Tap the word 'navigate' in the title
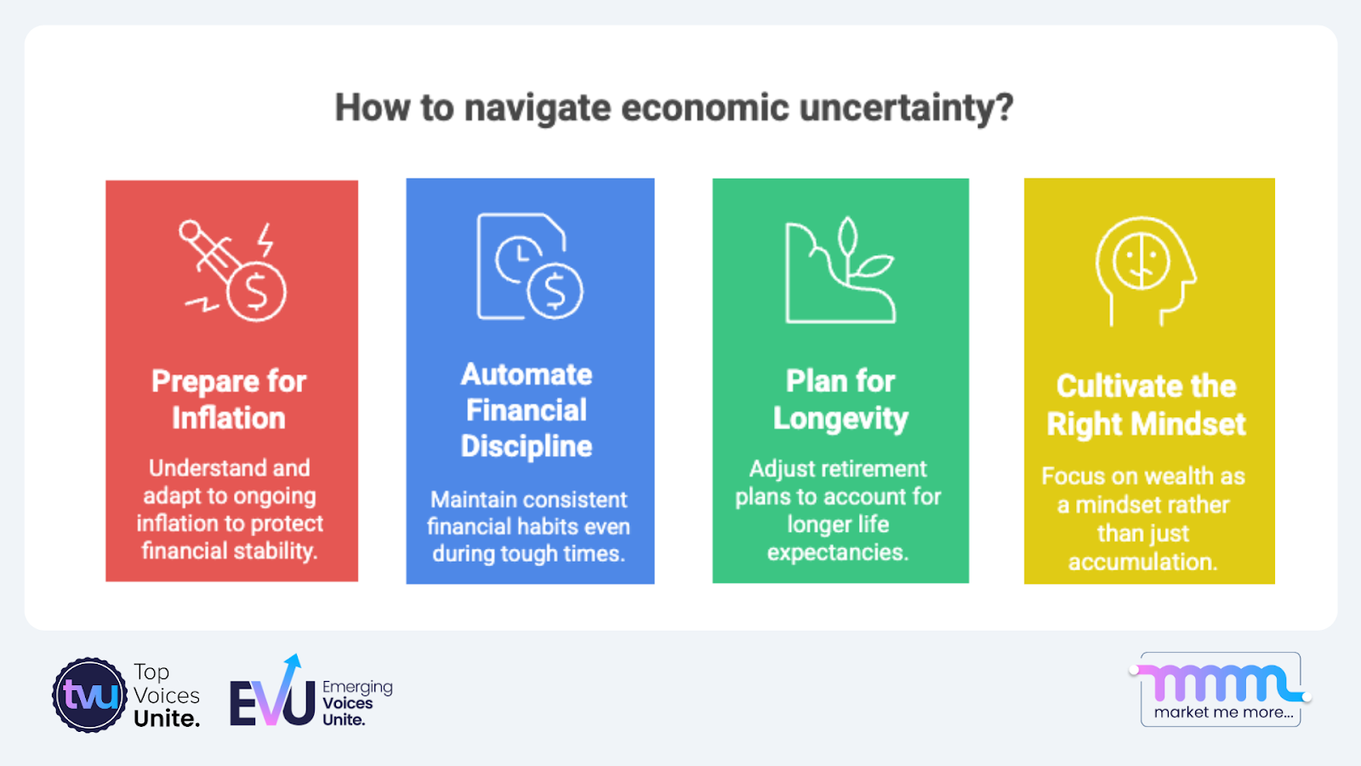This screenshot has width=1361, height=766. pyautogui.click(x=538, y=108)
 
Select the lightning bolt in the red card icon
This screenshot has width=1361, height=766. pyautogui.click(x=266, y=239)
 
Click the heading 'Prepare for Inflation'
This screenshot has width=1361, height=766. pyautogui.click(x=229, y=399)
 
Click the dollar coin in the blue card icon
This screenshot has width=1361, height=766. pyautogui.click(x=555, y=291)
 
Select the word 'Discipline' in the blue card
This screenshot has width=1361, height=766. pyautogui.click(x=527, y=446)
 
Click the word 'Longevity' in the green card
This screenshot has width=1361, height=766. pyautogui.click(x=840, y=419)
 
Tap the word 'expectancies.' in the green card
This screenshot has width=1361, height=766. pyautogui.click(x=838, y=552)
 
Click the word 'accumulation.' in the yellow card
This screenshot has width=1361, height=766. pyautogui.click(x=1143, y=562)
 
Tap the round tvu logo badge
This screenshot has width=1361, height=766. pyautogui.click(x=90, y=695)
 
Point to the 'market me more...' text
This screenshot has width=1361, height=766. pyautogui.click(x=1223, y=712)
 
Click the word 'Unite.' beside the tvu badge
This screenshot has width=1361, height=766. pyautogui.click(x=167, y=719)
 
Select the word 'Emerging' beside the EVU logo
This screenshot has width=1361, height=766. pyautogui.click(x=357, y=687)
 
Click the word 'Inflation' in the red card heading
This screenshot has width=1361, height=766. pyautogui.click(x=229, y=419)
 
